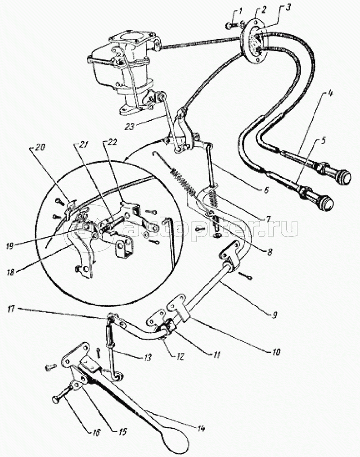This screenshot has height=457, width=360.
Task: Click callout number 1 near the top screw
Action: pyautogui.click(x=241, y=13)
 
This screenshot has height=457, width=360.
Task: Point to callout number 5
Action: pyautogui.click(x=324, y=142)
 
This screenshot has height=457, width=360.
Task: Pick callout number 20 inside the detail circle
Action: pyautogui.click(x=39, y=148)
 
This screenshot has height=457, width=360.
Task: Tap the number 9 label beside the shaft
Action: pyautogui.click(x=275, y=315)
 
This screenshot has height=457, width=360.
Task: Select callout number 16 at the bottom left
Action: pyautogui.click(x=96, y=432)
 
